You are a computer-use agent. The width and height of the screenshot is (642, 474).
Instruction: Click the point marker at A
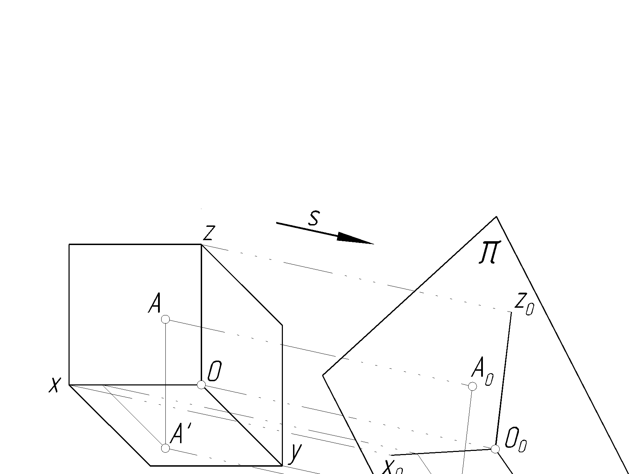click(x=165, y=319)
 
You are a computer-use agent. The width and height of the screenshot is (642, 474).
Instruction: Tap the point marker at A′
click(x=165, y=448)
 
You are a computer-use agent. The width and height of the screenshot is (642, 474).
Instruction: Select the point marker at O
click(x=201, y=385)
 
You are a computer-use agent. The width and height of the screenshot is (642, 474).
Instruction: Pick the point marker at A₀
click(x=472, y=386)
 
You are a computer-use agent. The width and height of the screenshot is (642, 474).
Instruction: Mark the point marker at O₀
click(x=495, y=449)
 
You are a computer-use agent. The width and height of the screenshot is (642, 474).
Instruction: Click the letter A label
click(x=155, y=303)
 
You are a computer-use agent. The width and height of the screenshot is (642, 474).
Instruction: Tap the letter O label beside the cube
click(x=214, y=371)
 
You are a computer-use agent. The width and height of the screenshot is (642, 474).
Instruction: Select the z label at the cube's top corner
click(x=208, y=233)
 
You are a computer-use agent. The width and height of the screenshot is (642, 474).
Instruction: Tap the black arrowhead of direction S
click(x=355, y=239)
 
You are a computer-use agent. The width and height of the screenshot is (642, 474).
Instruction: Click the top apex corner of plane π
click(x=496, y=217)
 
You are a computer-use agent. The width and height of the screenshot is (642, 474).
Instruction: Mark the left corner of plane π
click(x=323, y=375)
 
